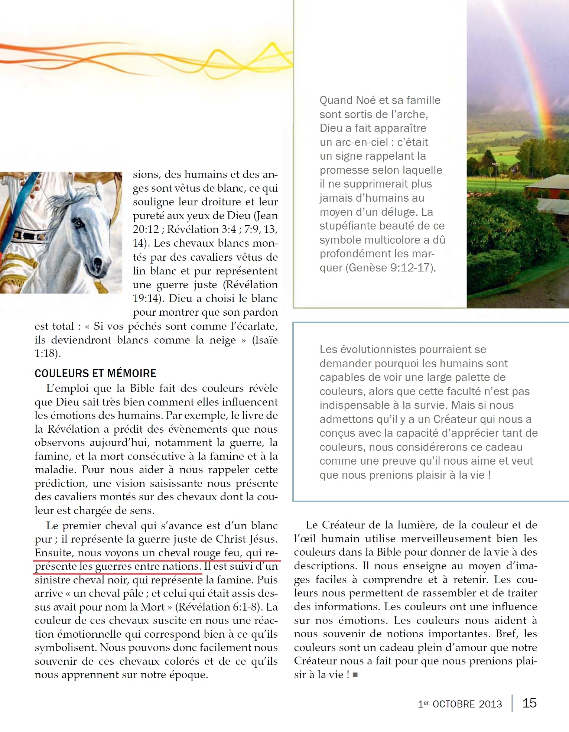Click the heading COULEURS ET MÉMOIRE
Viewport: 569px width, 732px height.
point(95,373)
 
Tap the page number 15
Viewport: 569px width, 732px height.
point(529,703)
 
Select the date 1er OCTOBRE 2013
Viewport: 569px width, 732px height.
point(460,704)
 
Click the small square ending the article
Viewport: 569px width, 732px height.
point(355,675)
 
